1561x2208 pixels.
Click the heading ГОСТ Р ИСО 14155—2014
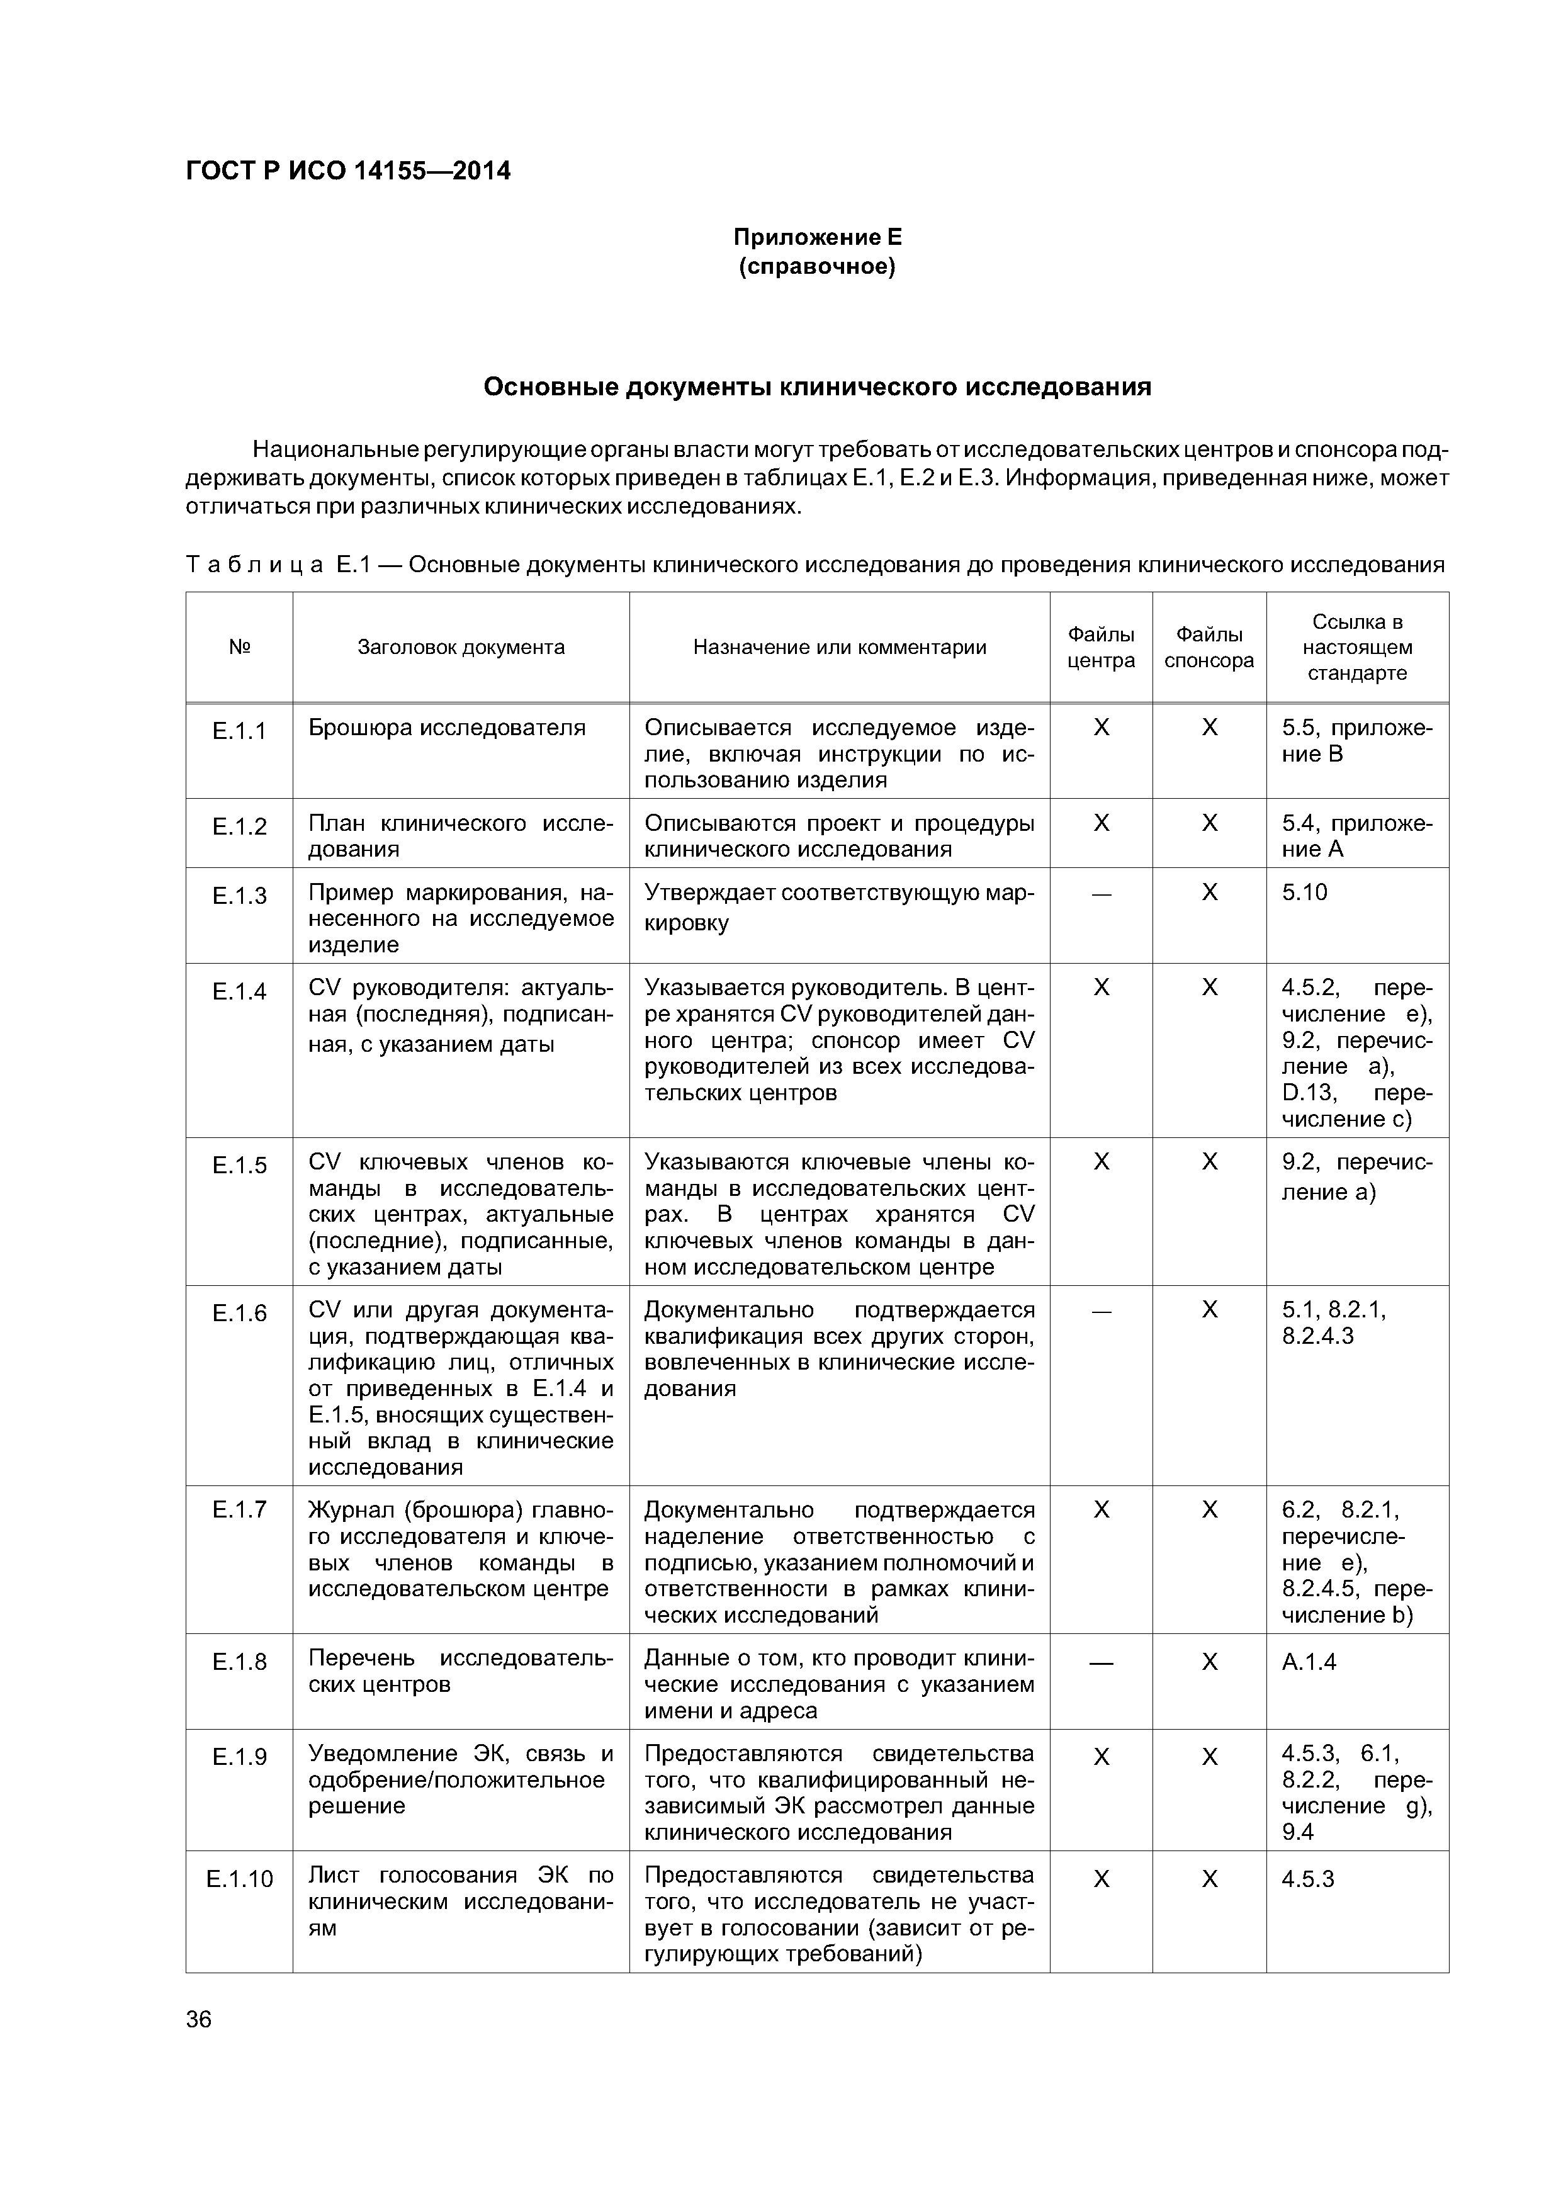(347, 171)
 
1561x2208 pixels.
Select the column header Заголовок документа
(461, 647)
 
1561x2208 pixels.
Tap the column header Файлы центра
(1102, 647)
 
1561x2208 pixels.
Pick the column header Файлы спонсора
(1209, 647)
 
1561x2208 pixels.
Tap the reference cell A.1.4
(1309, 1662)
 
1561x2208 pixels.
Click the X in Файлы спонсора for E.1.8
(1209, 1662)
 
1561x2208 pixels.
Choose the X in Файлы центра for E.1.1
(1102, 728)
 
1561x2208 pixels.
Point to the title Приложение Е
(818, 237)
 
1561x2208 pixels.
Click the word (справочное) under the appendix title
(818, 266)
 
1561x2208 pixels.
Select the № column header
(239, 647)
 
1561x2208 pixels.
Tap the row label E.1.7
(239, 1510)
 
